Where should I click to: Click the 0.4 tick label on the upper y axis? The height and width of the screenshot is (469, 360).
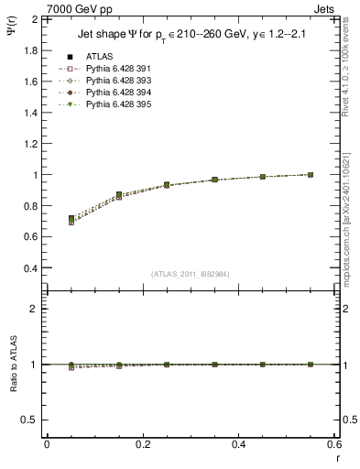(31, 268)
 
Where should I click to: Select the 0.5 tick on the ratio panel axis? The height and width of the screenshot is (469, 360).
(31, 420)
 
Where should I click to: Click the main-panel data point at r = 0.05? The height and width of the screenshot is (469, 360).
(71, 220)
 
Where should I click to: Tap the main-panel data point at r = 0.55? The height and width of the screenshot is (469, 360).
(311, 174)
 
